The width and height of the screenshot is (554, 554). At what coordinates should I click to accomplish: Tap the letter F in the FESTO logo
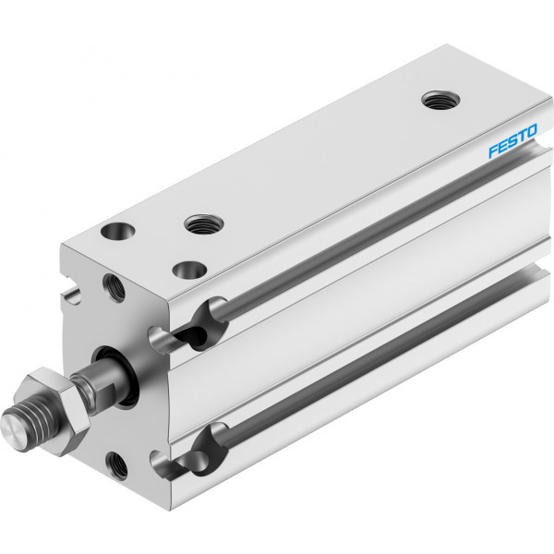pos(494,151)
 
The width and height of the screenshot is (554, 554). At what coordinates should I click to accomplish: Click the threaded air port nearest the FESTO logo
pos(440,100)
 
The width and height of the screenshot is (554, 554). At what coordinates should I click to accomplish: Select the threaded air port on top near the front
pos(204,224)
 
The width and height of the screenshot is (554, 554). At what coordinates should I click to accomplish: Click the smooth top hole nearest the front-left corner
pos(117,231)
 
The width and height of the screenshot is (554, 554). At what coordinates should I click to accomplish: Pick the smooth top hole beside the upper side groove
pos(189,270)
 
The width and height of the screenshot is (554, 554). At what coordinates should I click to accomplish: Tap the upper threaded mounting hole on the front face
pos(114,288)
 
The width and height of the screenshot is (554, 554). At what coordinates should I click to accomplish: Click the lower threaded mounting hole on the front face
pos(117,465)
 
